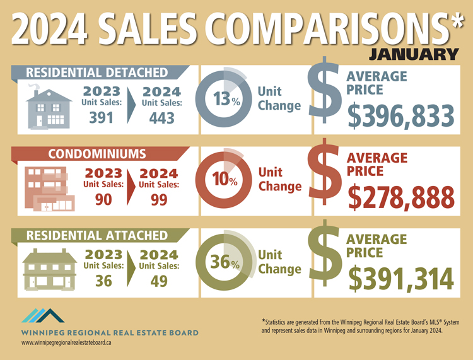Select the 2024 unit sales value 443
pos(161,118)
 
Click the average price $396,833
pos(400,116)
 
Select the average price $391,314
pos(400,279)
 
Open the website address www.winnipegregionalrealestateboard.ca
pos(66,342)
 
